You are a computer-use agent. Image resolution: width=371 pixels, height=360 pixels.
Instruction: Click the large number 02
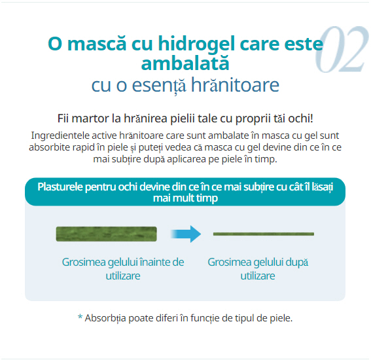342,49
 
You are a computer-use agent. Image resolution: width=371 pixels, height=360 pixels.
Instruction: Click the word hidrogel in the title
196,45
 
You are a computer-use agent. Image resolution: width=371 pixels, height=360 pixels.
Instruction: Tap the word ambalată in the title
185,63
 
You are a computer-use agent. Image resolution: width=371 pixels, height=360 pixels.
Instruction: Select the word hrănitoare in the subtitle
235,84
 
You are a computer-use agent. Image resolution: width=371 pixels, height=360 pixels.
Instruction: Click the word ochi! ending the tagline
300,118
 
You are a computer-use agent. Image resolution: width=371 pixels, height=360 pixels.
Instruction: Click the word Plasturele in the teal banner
60,187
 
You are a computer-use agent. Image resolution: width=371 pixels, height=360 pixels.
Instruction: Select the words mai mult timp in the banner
185,198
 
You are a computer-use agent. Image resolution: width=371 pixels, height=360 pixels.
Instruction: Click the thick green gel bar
106,234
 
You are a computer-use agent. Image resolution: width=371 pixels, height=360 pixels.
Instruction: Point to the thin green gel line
264,234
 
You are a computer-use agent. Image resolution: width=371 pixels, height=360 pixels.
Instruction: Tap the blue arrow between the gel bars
186,234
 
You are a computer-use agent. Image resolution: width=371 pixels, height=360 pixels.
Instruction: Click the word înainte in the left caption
155,262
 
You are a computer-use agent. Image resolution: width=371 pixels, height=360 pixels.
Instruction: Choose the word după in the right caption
297,262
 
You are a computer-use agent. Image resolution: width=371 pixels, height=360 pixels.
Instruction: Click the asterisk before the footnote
80,317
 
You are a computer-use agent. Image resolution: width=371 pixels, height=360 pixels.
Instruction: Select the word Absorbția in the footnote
105,319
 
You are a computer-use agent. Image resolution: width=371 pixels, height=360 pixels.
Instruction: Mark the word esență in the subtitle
159,85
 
